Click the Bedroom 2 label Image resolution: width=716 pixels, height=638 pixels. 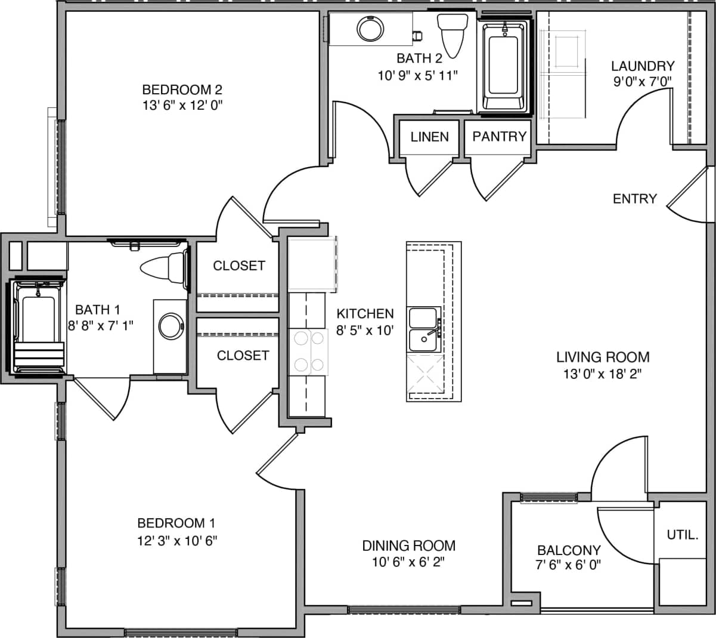click(x=182, y=90)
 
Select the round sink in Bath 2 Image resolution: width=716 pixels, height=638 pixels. click(x=370, y=28)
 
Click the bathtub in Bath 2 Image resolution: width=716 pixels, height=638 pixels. click(x=504, y=66)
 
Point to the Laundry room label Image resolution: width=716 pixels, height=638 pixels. click(x=643, y=66)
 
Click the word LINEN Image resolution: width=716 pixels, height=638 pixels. click(x=429, y=137)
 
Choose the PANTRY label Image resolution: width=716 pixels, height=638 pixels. click(x=500, y=137)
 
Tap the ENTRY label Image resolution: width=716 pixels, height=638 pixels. click(x=634, y=199)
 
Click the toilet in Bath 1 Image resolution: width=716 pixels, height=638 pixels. click(x=163, y=268)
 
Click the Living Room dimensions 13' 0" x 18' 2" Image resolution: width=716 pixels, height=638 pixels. click(x=603, y=374)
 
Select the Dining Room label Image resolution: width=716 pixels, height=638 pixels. click(x=409, y=545)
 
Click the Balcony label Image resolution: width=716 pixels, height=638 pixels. click(x=569, y=550)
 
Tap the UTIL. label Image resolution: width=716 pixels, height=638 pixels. click(x=683, y=535)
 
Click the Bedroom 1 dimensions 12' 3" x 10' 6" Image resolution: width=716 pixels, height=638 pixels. click(x=176, y=541)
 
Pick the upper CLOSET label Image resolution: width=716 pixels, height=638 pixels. click(x=238, y=266)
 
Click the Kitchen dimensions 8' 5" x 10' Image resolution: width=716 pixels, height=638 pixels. click(x=365, y=330)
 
